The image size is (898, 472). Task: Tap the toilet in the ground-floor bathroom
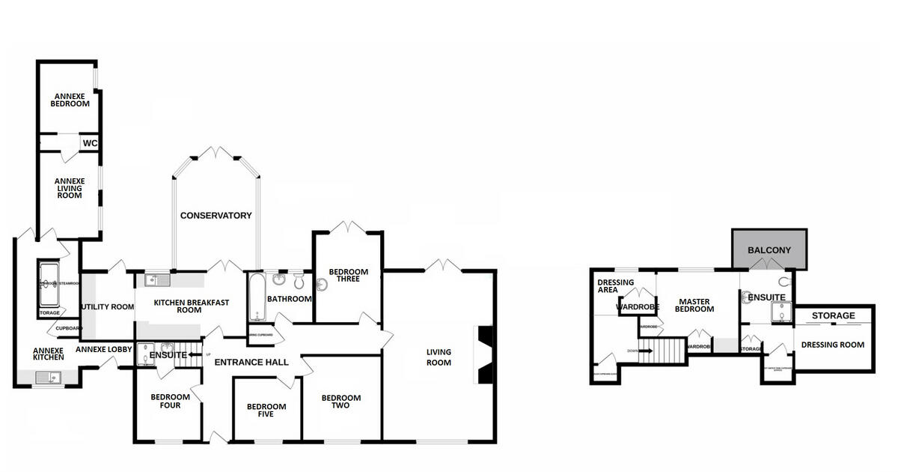pyautogui.click(x=299, y=280)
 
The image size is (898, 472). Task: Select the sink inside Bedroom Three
pyautogui.click(x=323, y=285)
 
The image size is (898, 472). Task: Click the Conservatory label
pyautogui.click(x=216, y=216)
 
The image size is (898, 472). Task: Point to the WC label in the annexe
pyautogui.click(x=90, y=143)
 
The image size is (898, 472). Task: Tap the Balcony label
pyautogui.click(x=769, y=250)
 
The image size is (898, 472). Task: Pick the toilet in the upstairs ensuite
pyautogui.click(x=784, y=282)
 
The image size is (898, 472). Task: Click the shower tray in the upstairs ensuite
pyautogui.click(x=782, y=315)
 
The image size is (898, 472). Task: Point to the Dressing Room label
pyautogui.click(x=832, y=345)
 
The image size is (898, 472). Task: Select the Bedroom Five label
pyautogui.click(x=266, y=411)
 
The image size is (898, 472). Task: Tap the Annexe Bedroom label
pyautogui.click(x=70, y=100)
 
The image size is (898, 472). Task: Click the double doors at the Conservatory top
pyautogui.click(x=217, y=153)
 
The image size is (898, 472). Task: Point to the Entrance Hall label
pyautogui.click(x=251, y=363)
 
